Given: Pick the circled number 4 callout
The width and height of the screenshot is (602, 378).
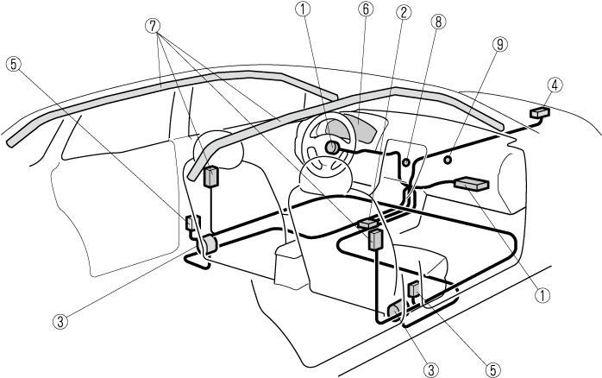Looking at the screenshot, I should [x=555, y=85].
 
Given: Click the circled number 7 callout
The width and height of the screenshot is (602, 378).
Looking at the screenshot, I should [x=154, y=26].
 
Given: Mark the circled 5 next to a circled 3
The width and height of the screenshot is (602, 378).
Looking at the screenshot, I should [x=492, y=369].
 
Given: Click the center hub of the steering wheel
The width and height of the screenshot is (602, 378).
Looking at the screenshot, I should [x=331, y=148].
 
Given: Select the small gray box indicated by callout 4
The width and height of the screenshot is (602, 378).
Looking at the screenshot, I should [x=541, y=112].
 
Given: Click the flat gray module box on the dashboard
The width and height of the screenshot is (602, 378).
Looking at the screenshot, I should [x=472, y=183].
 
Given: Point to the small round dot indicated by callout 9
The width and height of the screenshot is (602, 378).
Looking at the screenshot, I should [x=448, y=160].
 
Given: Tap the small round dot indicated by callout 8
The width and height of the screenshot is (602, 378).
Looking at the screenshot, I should [x=405, y=161].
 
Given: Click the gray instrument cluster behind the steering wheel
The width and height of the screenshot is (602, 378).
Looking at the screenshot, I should [x=362, y=129].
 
